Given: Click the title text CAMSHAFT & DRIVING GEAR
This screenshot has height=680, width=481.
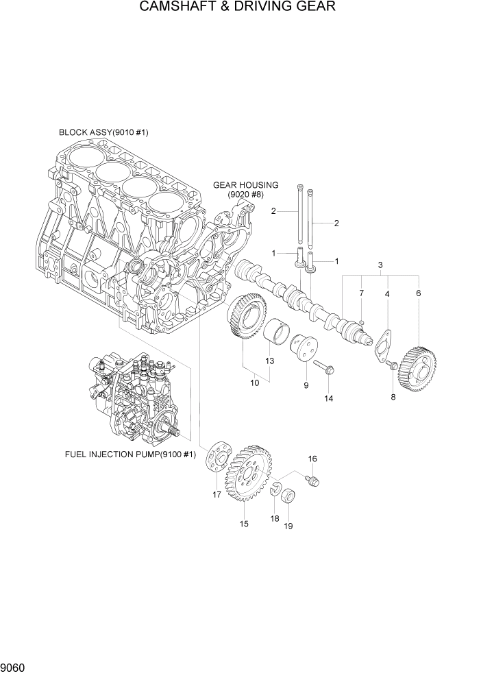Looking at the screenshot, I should [x=237, y=8].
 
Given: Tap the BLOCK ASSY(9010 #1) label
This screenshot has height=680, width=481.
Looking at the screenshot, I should [x=103, y=132].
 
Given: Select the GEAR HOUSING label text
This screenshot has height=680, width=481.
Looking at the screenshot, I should [x=245, y=185].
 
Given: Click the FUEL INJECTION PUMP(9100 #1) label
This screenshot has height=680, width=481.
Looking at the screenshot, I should [x=130, y=454].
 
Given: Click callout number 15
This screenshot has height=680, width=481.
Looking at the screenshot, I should [x=243, y=524].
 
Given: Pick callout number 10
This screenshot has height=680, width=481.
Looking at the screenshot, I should [x=254, y=383].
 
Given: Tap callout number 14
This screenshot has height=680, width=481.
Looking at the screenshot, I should [x=328, y=398].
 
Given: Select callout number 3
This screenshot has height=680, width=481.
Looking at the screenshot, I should [x=380, y=265].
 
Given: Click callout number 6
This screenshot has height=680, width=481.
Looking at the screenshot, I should [x=418, y=293].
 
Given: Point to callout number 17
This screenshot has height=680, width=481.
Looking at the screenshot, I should [x=217, y=495].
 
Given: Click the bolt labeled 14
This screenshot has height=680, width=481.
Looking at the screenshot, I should [x=324, y=369].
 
